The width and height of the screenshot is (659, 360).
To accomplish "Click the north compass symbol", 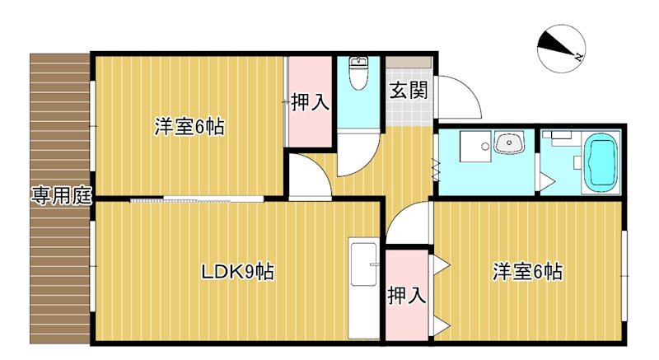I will tap(559, 49).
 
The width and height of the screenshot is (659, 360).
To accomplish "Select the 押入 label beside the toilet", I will tap(311, 103).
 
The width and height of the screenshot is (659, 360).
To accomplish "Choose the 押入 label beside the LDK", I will tap(407, 294).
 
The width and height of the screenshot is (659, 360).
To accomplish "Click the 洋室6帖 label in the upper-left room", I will tap(189, 128).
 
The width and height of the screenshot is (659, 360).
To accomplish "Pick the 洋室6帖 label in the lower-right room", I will tap(528, 271).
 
